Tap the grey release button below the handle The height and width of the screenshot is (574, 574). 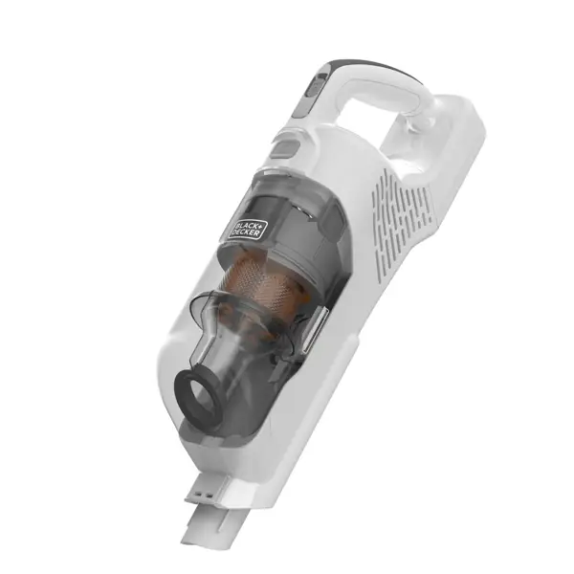click(283, 147)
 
